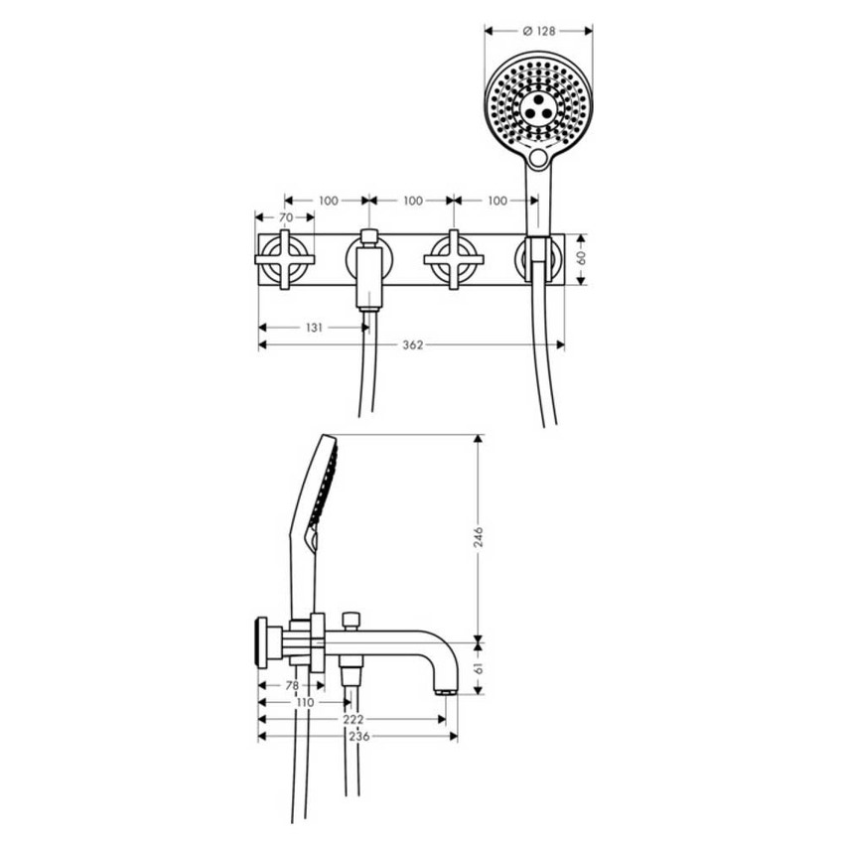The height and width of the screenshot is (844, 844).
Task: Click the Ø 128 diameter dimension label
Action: [x=539, y=31]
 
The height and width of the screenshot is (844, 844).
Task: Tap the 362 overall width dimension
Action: [x=413, y=345]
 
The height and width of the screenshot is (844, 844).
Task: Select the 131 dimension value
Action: [x=314, y=328]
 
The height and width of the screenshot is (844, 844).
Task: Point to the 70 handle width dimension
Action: [x=286, y=217]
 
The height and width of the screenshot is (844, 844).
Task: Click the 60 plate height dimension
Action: [x=581, y=259]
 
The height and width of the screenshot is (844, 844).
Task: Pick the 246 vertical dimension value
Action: [x=478, y=537]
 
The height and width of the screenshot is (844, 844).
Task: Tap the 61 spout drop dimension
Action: [x=478, y=668]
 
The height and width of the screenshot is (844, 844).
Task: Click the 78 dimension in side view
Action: [x=292, y=686]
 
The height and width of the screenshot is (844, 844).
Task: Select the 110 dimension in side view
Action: [x=305, y=702]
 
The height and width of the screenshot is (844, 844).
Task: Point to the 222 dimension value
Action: [x=353, y=719]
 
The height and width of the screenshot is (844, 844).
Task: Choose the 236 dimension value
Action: [x=359, y=736]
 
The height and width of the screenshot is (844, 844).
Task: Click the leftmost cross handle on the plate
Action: [x=285, y=260]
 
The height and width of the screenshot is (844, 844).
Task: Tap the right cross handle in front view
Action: [x=454, y=260]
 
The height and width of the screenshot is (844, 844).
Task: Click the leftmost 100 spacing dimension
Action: [x=329, y=201]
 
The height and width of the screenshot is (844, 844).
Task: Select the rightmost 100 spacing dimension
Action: [x=497, y=201]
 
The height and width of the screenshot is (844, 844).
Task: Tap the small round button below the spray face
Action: [x=538, y=158]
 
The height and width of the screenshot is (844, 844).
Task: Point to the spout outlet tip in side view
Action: [x=446, y=691]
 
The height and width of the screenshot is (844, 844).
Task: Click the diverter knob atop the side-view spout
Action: [x=352, y=621]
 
